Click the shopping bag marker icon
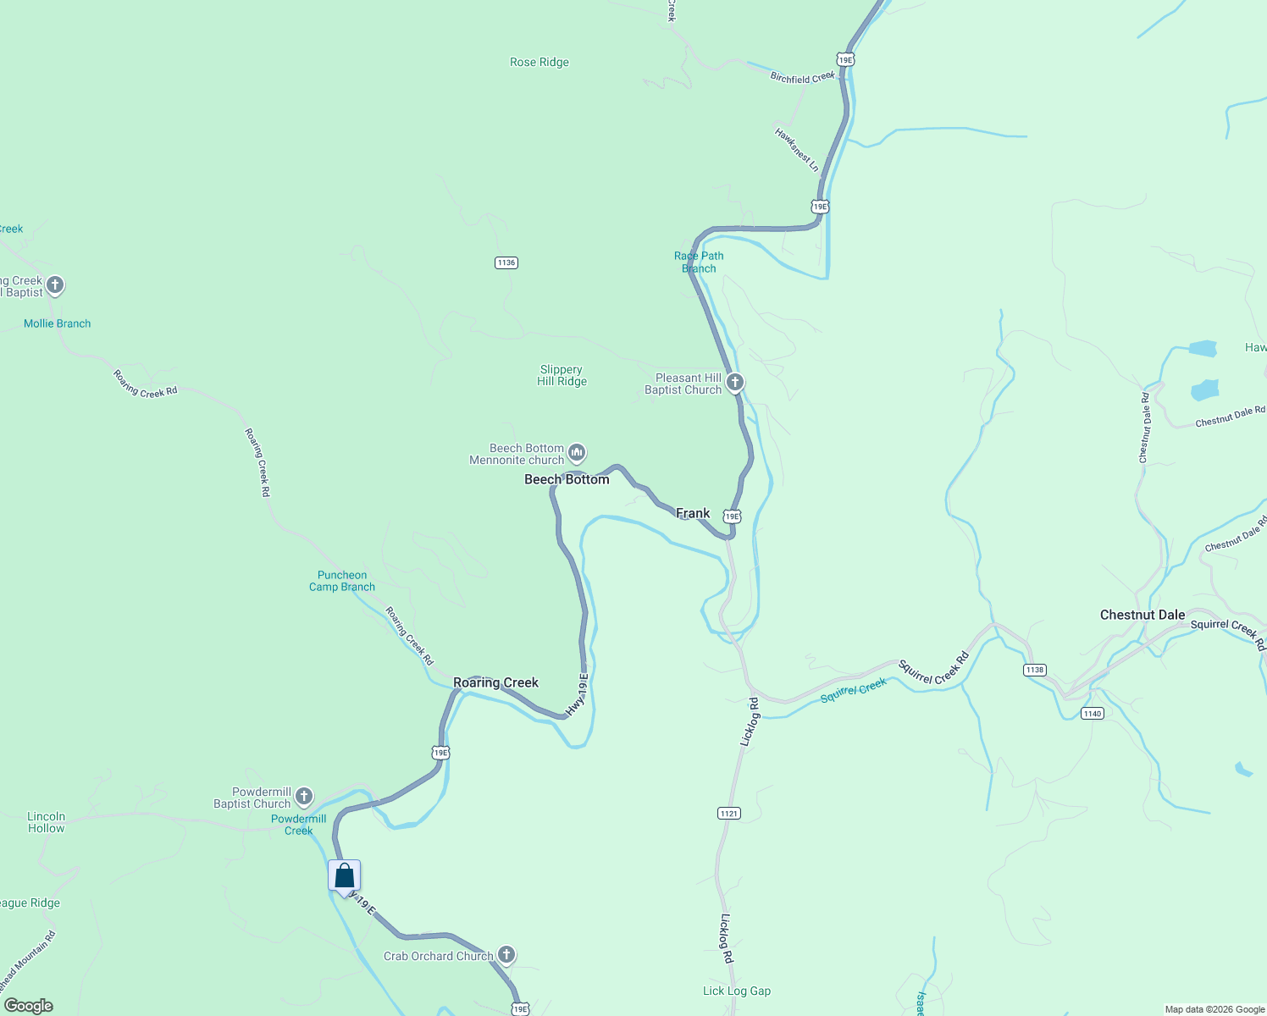tap(345, 875)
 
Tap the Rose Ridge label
tap(539, 62)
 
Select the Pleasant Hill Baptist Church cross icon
tap(735, 383)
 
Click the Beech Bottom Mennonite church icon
tap(577, 453)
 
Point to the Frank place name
tap(693, 513)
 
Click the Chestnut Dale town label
tap(1143, 615)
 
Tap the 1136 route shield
tap(506, 262)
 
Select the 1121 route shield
tap(729, 813)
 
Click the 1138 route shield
tap(1035, 670)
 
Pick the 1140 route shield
tap(1093, 714)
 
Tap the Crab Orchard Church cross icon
tap(506, 955)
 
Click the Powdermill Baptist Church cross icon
tap(304, 797)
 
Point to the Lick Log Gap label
tap(737, 991)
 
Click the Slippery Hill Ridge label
tap(562, 375)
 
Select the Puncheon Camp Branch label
tap(342, 581)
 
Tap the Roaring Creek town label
tap(495, 682)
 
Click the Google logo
tap(29, 1005)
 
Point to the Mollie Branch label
tap(57, 323)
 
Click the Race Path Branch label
tap(699, 262)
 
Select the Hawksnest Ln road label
tap(797, 149)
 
